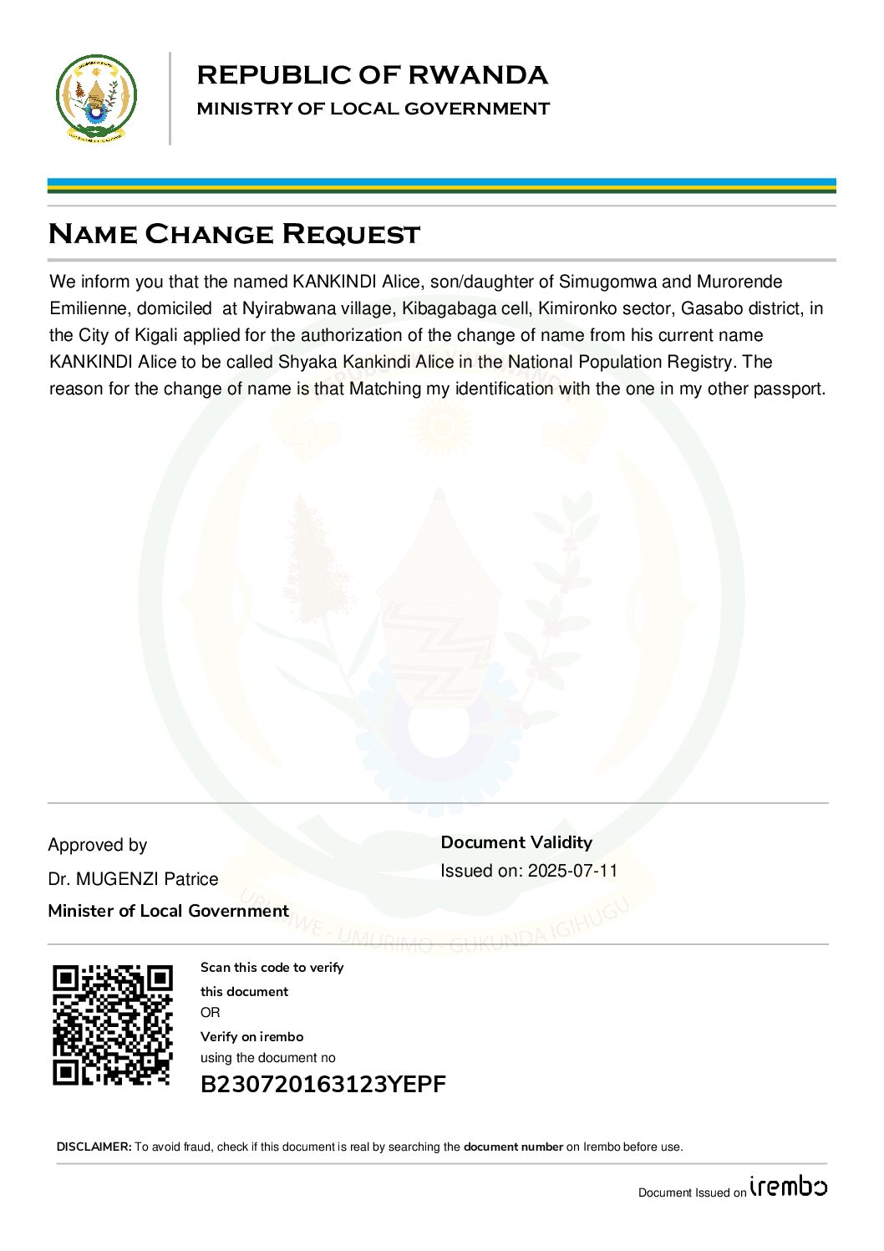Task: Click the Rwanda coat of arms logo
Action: (x=96, y=99)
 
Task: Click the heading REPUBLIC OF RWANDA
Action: (x=372, y=75)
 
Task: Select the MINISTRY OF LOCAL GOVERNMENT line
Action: (x=373, y=109)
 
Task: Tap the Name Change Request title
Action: (x=234, y=234)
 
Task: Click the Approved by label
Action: (x=98, y=845)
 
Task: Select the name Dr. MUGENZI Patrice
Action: (x=133, y=879)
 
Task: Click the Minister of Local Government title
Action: (x=168, y=911)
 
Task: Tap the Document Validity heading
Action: (x=516, y=842)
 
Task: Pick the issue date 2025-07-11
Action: (x=573, y=871)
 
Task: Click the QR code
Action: (x=113, y=1025)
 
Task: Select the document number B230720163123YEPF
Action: (x=323, y=1084)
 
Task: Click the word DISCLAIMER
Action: (x=94, y=1147)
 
